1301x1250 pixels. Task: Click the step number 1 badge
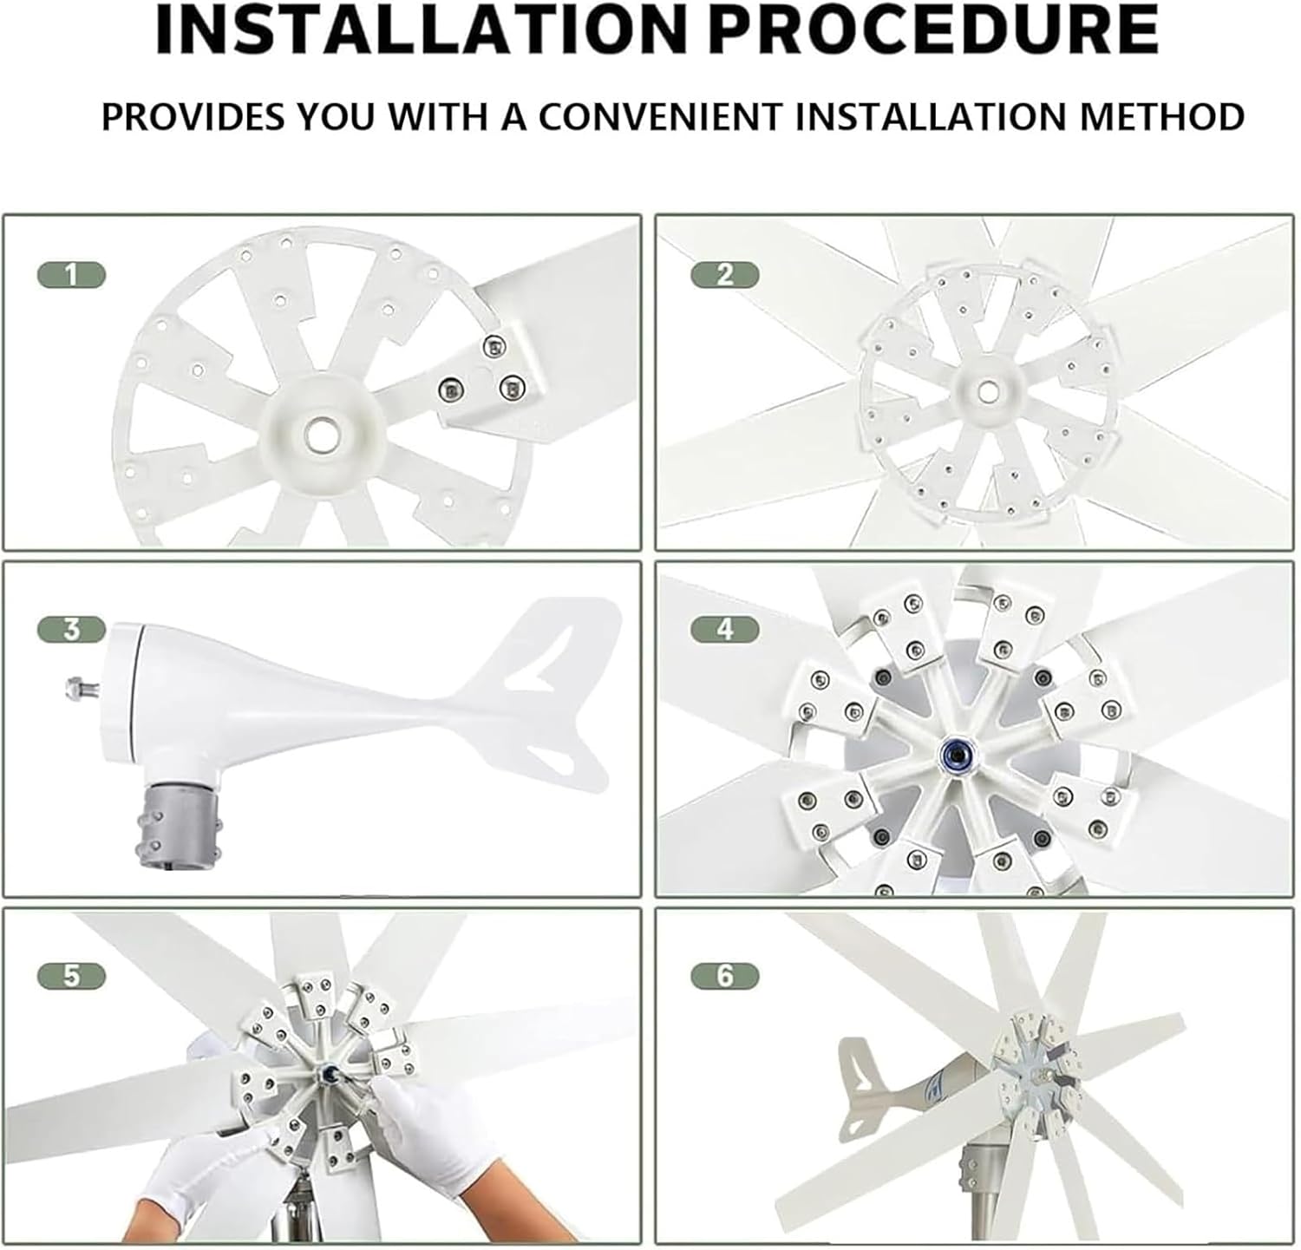pyautogui.click(x=71, y=276)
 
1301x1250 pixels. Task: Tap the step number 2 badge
pyautogui.click(x=725, y=276)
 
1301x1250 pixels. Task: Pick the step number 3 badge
pyautogui.click(x=71, y=629)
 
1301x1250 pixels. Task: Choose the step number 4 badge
pyautogui.click(x=725, y=629)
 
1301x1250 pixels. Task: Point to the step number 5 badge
pyautogui.click(x=71, y=977)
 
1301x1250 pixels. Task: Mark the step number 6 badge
pyautogui.click(x=725, y=977)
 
